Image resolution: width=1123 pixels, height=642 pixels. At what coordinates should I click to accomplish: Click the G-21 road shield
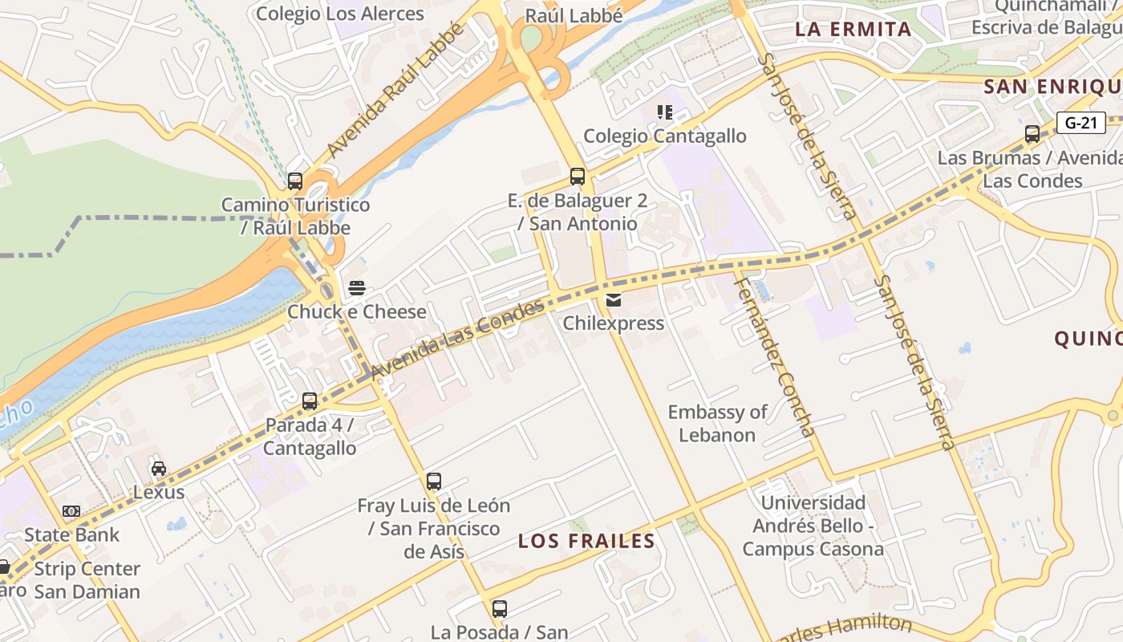(1080, 123)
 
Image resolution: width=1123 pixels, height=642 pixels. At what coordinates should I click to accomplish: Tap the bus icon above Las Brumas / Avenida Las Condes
(1032, 134)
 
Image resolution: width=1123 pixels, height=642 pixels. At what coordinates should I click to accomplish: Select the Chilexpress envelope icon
(614, 300)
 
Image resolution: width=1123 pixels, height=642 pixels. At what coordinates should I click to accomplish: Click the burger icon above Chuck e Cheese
(357, 288)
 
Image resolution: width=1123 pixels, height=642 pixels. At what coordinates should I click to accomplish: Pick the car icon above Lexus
(159, 469)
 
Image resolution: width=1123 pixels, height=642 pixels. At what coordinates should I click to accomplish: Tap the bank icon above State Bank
(71, 511)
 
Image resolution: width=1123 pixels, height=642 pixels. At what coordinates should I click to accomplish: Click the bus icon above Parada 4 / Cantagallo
(310, 401)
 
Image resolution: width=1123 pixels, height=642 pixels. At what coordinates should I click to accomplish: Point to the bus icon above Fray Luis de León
(434, 481)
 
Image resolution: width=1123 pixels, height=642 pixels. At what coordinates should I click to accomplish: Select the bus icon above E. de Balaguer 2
(578, 177)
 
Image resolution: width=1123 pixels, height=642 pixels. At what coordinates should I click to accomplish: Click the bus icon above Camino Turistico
(295, 181)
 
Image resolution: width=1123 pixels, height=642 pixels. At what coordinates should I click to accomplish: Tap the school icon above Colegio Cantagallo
(664, 112)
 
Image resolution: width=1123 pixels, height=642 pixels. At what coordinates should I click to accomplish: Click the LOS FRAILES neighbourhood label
(586, 541)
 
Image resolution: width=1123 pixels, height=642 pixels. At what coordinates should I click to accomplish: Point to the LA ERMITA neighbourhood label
(853, 30)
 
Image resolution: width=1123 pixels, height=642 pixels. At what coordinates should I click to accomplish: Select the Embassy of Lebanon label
(717, 424)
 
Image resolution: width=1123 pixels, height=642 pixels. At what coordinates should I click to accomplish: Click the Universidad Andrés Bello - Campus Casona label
(813, 526)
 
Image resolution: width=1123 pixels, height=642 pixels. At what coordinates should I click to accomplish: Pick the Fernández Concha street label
(776, 353)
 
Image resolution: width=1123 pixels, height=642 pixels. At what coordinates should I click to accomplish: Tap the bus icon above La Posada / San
(500, 609)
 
